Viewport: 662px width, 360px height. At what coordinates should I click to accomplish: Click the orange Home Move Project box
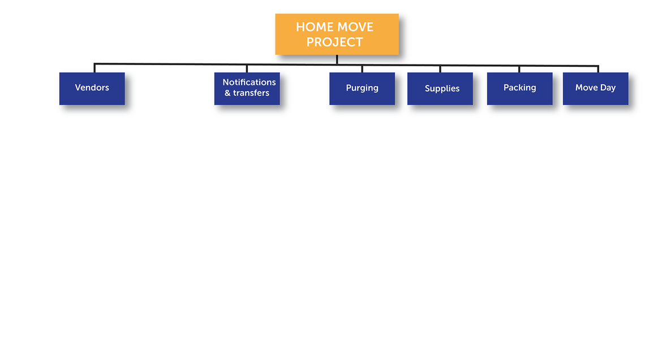(337, 34)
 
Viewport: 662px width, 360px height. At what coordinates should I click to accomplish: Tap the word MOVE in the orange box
(355, 27)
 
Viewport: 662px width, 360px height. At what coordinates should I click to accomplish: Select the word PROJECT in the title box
(335, 42)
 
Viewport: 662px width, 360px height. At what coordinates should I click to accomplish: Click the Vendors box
(92, 89)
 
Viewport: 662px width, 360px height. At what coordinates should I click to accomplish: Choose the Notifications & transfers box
(247, 89)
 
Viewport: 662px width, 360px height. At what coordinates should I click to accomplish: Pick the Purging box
(362, 89)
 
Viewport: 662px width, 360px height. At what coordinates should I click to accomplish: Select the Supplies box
(440, 89)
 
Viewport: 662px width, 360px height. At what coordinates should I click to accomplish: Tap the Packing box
(520, 89)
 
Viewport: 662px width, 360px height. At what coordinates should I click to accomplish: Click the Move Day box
(596, 89)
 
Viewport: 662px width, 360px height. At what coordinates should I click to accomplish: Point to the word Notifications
(249, 83)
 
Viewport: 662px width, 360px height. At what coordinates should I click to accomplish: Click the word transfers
(251, 93)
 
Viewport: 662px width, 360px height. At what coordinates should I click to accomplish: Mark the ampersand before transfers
(227, 93)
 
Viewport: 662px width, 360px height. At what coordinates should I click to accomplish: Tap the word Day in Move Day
(608, 88)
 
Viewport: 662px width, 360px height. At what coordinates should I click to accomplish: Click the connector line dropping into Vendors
(94, 68)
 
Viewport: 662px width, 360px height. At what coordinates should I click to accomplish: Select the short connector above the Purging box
(362, 69)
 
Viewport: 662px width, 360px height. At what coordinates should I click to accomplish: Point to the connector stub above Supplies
(440, 69)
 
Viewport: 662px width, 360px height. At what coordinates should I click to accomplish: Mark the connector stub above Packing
(519, 69)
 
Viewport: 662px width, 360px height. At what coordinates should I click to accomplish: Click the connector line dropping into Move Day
(598, 69)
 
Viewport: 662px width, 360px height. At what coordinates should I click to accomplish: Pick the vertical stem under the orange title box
(337, 59)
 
